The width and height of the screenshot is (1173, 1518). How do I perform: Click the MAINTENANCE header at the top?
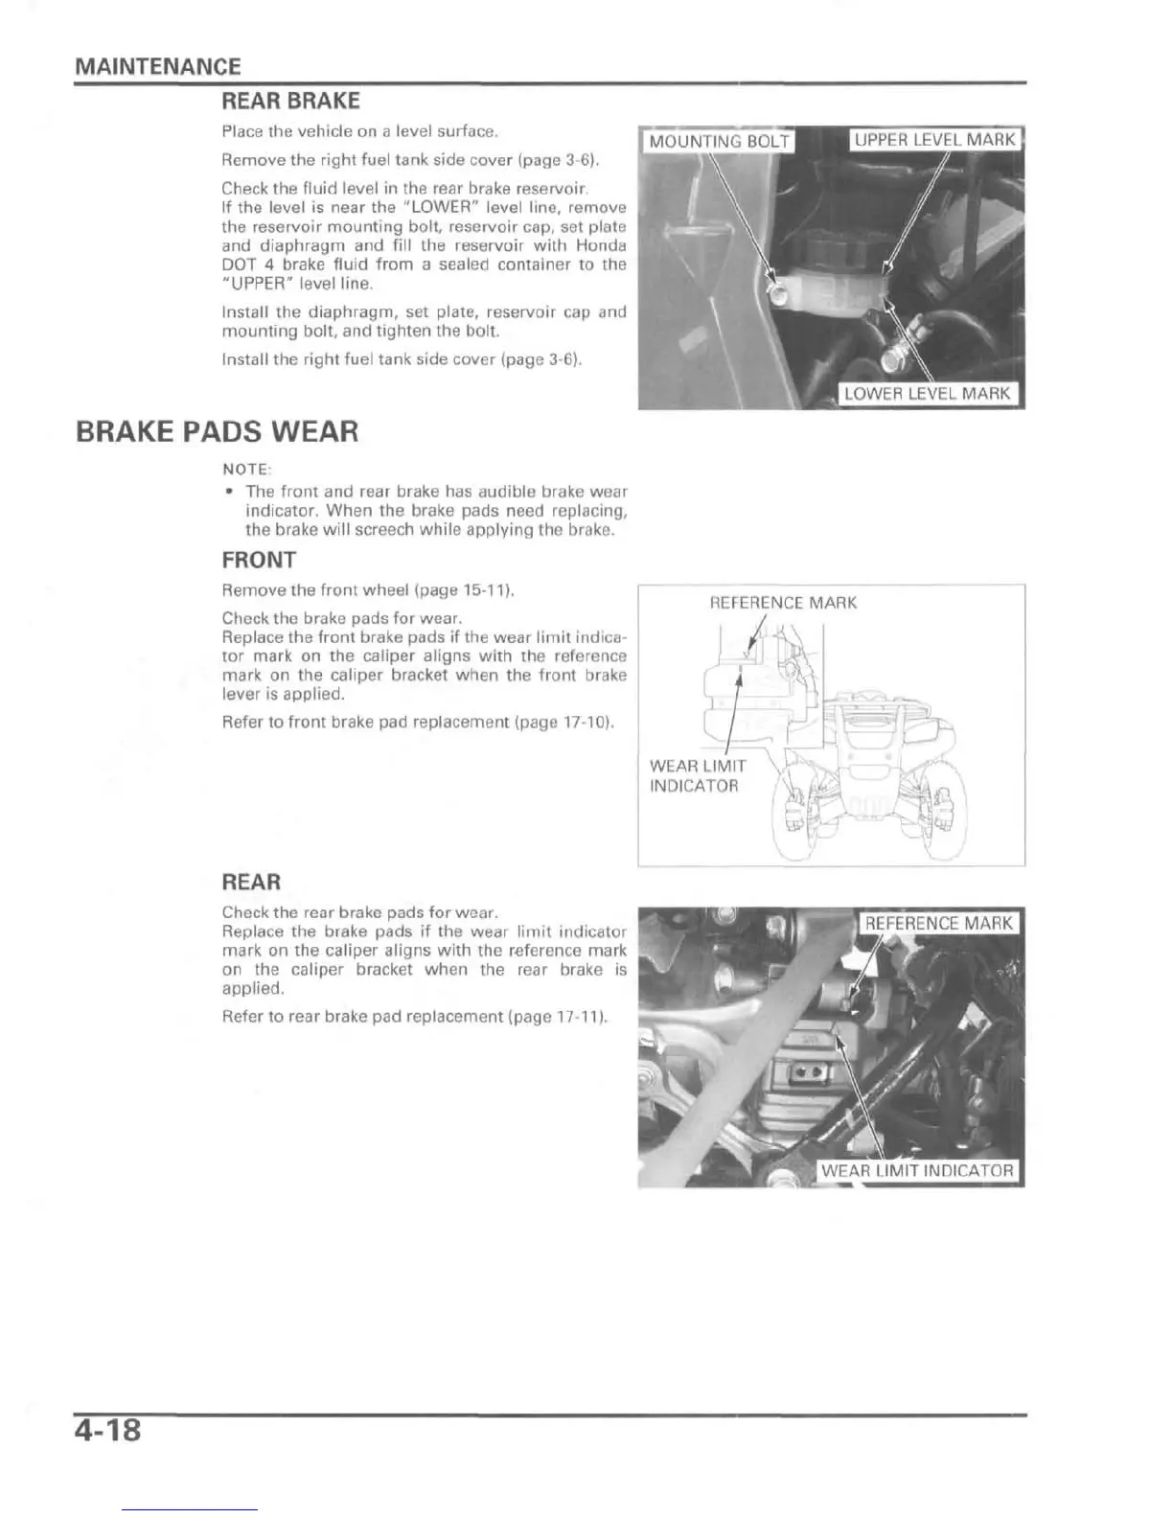(157, 66)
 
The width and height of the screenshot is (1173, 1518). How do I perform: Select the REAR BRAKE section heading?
(290, 102)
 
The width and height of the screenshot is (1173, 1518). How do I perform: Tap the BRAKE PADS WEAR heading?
(217, 432)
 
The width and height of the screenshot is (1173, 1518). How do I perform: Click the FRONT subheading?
(259, 560)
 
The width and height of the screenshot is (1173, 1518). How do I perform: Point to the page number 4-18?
(107, 1430)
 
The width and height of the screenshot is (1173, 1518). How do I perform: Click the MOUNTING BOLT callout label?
(719, 142)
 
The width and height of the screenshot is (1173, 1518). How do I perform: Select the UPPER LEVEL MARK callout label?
(935, 140)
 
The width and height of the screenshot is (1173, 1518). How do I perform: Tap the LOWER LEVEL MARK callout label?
(927, 393)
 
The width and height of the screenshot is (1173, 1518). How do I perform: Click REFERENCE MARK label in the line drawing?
(783, 603)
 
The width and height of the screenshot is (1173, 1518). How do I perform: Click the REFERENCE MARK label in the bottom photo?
(938, 923)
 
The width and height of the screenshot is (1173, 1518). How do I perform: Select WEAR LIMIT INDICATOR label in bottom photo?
(916, 1170)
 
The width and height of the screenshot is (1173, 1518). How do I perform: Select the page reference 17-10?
(586, 722)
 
